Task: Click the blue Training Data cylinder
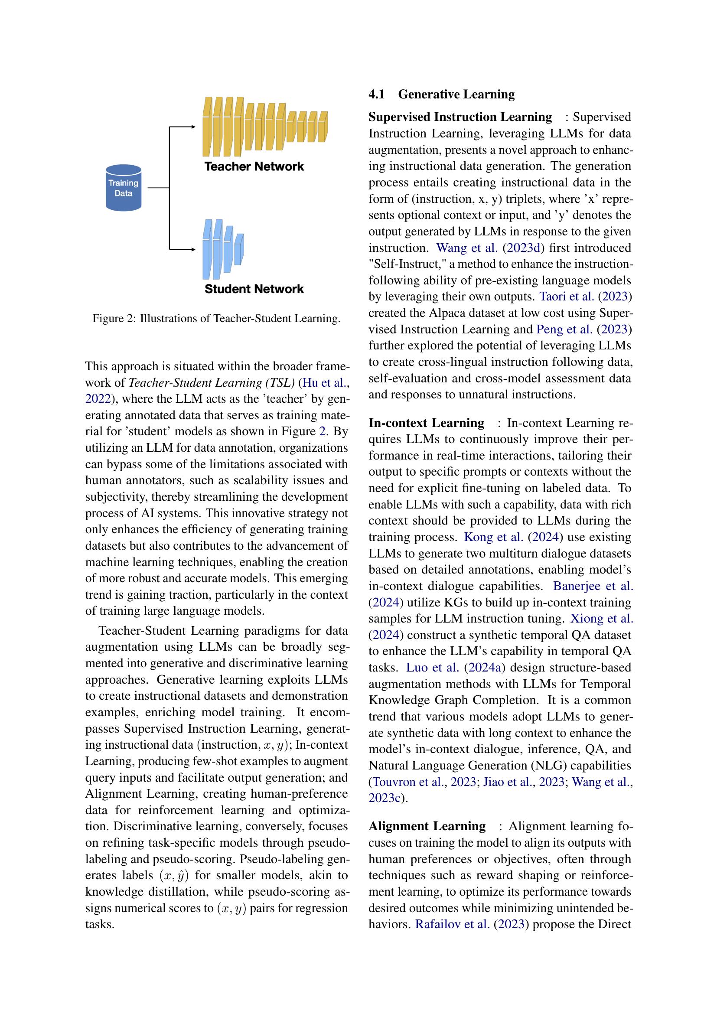[x=123, y=188]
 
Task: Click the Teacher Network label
[x=254, y=166]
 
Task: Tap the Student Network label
[x=254, y=289]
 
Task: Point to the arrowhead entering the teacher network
[x=193, y=127]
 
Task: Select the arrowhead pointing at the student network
[x=193, y=250]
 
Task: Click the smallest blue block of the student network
[x=239, y=250]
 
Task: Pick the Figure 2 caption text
[x=216, y=319]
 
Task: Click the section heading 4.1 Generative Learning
[x=441, y=95]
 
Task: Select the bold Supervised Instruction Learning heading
[x=460, y=117]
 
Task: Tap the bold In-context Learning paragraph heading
[x=426, y=423]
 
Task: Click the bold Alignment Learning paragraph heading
[x=427, y=826]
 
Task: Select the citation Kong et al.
[x=493, y=538]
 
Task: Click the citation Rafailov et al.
[x=452, y=924]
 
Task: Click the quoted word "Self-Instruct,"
[x=406, y=264]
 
